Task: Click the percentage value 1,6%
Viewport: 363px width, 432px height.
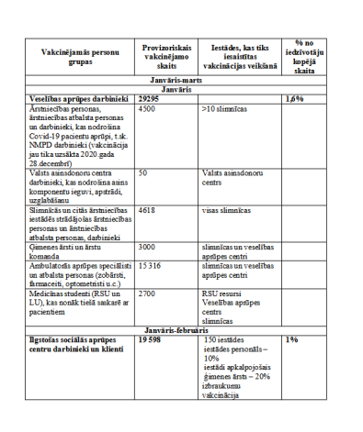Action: (x=295, y=98)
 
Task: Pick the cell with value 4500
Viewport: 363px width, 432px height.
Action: (x=146, y=108)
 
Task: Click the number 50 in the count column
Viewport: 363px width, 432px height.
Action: (x=142, y=171)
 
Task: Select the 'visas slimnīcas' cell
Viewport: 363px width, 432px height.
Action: (x=226, y=210)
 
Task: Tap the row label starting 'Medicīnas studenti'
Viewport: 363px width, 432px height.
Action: (x=76, y=296)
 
